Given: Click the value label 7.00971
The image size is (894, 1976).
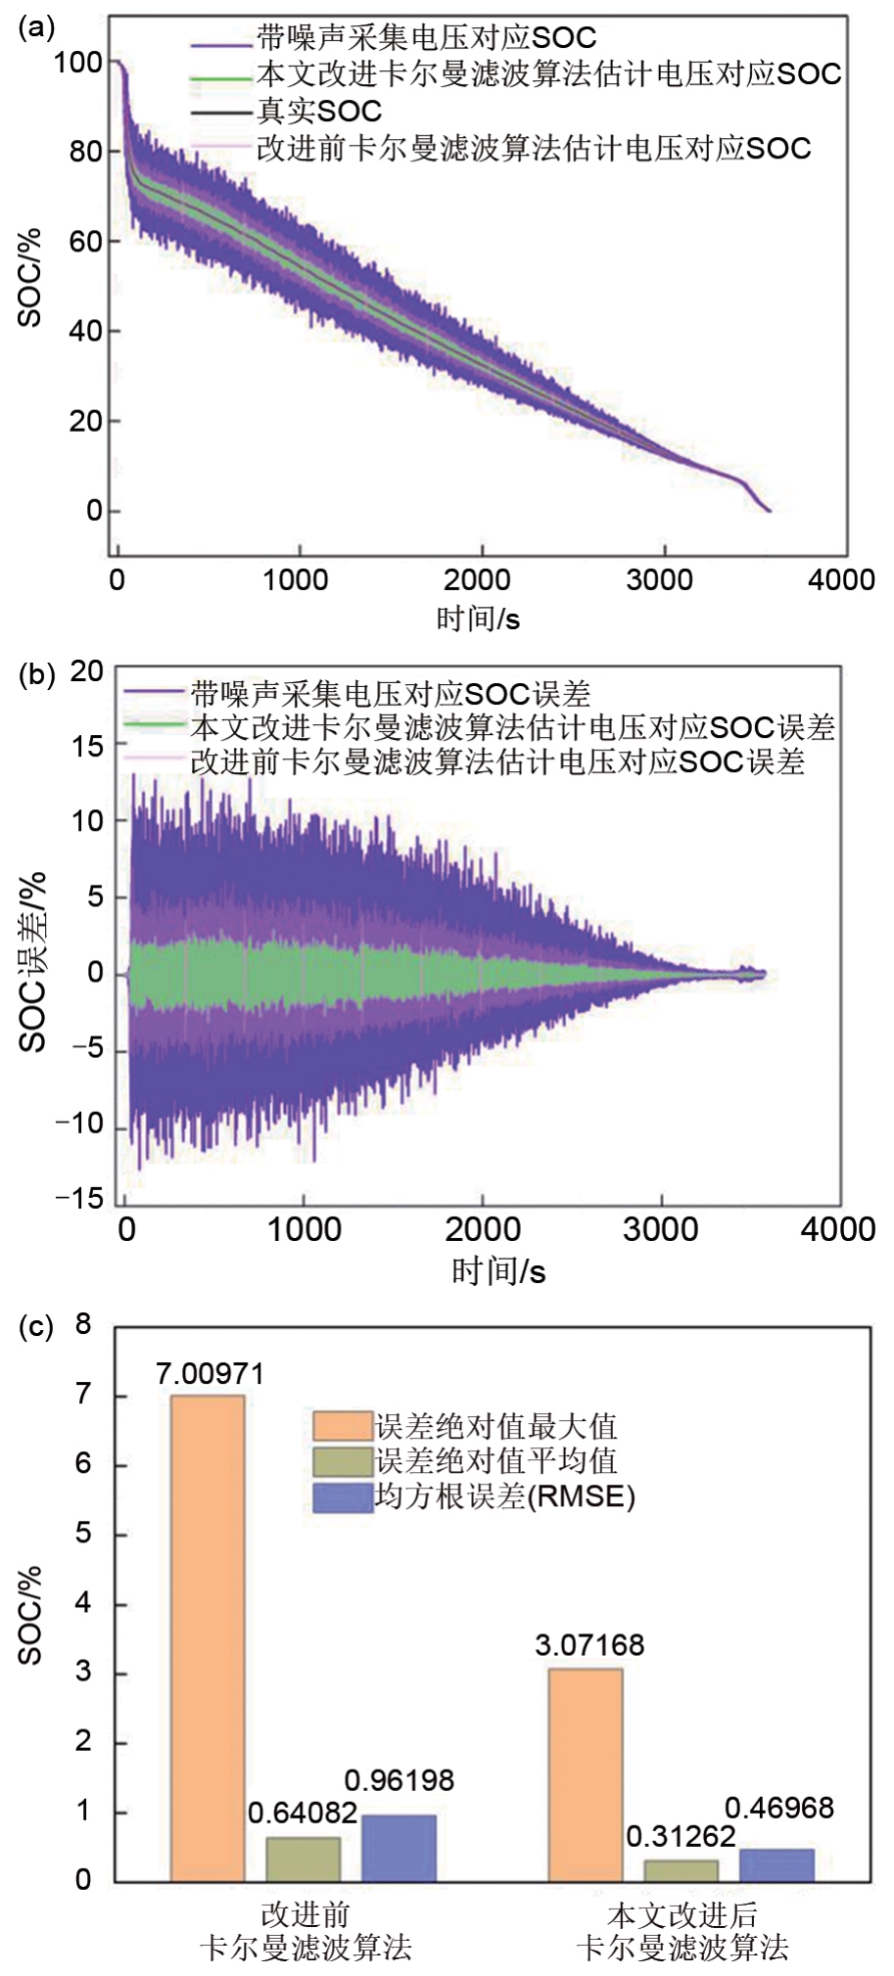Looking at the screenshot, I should (210, 1374).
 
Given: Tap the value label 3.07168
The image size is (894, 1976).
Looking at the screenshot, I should (589, 1645).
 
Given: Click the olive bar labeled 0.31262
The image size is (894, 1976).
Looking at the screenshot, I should (681, 1870).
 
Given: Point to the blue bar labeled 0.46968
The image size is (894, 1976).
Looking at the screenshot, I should (776, 1864).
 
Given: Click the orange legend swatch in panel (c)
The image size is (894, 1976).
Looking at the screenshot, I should (343, 1426).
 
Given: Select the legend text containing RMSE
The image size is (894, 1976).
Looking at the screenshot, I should (504, 1496).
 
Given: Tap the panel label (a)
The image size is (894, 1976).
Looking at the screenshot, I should (36, 27).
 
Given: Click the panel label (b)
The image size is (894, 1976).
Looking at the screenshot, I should (36, 675).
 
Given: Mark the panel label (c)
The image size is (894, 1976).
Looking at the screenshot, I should (36, 1327).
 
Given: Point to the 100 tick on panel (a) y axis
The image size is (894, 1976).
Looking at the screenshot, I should (77, 63).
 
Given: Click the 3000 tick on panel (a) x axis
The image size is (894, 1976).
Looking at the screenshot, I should (660, 579).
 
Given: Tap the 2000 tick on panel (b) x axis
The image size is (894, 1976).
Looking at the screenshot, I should (483, 1229).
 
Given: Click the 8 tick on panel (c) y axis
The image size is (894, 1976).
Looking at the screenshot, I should (83, 1324).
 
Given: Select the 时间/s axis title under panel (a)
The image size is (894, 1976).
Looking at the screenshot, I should (478, 619).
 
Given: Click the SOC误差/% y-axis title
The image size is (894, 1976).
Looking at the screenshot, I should (32, 962).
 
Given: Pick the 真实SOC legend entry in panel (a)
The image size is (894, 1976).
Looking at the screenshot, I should (319, 111).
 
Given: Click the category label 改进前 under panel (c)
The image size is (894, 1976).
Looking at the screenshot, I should (305, 1914).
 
